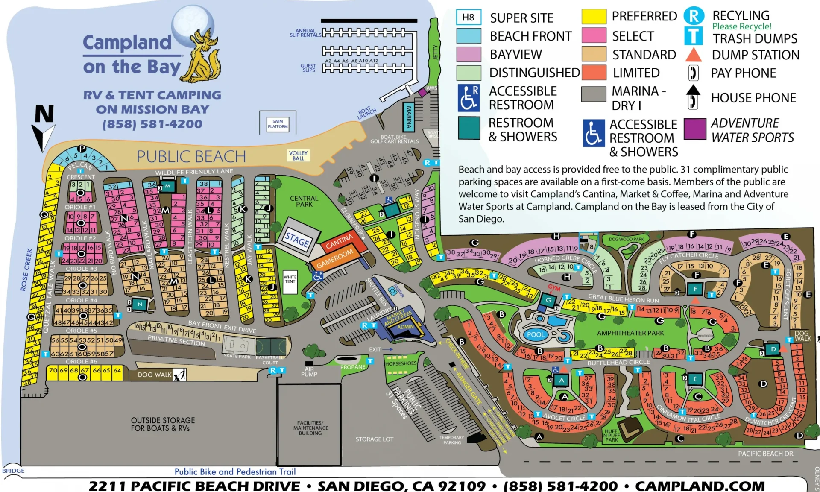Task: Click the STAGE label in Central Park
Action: click(297, 240)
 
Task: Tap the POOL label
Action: click(536, 334)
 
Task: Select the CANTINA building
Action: click(340, 242)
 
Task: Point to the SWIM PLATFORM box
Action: click(278, 124)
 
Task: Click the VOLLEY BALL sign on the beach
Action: click(298, 155)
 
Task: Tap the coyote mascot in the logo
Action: click(204, 56)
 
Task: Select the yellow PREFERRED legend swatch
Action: click(594, 17)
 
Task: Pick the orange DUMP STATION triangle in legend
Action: click(693, 55)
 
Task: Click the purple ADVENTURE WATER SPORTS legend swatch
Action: click(695, 129)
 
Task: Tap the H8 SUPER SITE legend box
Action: click(469, 18)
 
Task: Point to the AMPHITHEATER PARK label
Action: click(630, 333)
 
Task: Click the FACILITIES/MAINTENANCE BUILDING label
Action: click(310, 428)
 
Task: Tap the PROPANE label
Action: click(353, 367)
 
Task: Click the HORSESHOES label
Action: click(401, 363)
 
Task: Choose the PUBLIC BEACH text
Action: click(191, 157)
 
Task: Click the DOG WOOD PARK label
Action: click(626, 239)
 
